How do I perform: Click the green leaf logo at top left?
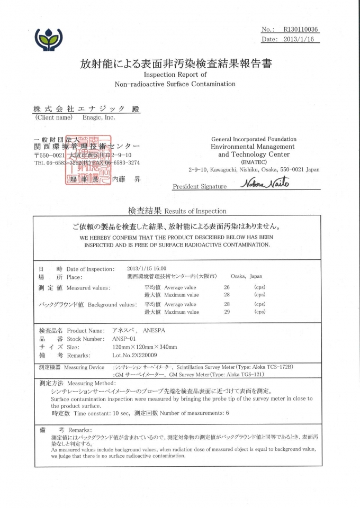tap(48, 39)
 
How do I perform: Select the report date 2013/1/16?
tap(300, 39)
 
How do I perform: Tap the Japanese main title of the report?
tap(176, 65)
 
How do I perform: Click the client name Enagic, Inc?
tap(98, 117)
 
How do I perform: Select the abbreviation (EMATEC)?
tap(253, 162)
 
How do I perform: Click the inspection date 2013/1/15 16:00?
tap(147, 268)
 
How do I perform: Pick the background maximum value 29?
tap(227, 312)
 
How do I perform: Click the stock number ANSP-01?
tap(124, 338)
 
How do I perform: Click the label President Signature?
tap(200, 186)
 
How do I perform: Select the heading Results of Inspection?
tap(195, 211)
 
